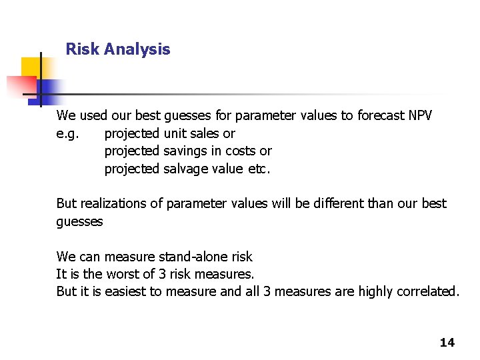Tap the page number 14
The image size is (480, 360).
[x=447, y=343]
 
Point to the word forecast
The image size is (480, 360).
[x=381, y=116]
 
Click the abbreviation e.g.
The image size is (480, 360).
[x=67, y=134]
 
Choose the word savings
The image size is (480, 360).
[x=184, y=151]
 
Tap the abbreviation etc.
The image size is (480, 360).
[x=259, y=169]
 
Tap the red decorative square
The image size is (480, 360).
[x=20, y=86]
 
